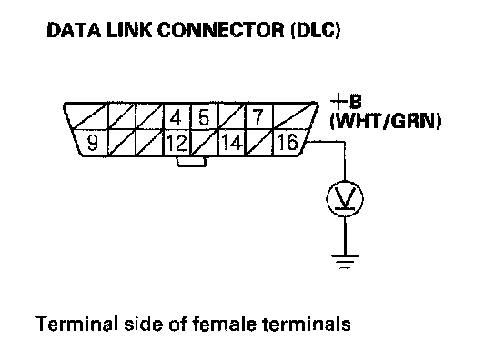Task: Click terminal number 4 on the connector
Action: [x=176, y=117]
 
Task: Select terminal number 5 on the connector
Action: [x=204, y=117]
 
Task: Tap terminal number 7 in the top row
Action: [x=258, y=116]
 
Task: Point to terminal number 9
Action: [x=92, y=143]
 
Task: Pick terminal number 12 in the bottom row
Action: [x=177, y=143]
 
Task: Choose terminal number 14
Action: [x=232, y=142]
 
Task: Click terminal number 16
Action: [x=288, y=142]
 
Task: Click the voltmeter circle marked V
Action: [x=345, y=199]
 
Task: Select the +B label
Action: [x=346, y=102]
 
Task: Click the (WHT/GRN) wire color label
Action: [x=386, y=121]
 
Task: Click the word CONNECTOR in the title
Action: [x=221, y=31]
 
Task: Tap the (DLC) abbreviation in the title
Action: [x=316, y=31]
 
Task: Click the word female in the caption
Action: [x=225, y=324]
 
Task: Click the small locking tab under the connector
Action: [x=192, y=161]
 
